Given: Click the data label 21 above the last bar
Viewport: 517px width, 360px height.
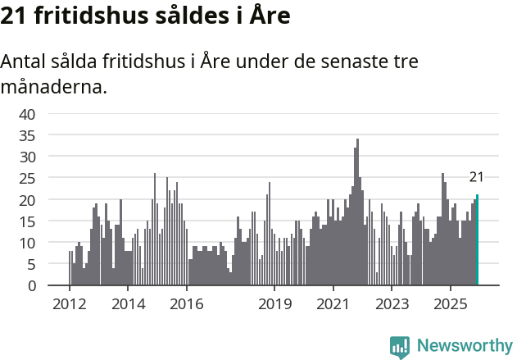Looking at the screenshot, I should pos(476,177).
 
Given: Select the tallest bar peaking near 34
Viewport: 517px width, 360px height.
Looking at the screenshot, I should pos(357,212).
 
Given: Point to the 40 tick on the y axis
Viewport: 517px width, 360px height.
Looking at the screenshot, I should pos(27,113).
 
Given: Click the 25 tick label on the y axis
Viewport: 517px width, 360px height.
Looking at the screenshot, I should pos(27,178).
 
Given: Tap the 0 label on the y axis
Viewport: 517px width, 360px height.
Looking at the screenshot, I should pos(31,286).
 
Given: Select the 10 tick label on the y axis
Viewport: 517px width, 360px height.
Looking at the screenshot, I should pos(27,243).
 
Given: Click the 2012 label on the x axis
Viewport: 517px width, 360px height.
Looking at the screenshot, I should pos(69,304).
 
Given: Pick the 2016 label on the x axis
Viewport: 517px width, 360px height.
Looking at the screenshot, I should pos(187,304).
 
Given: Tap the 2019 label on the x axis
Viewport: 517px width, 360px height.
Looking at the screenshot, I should pos(274,304).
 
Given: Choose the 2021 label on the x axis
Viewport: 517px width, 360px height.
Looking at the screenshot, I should pos(333,304).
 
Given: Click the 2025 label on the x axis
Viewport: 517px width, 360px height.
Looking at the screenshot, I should pos(450,304).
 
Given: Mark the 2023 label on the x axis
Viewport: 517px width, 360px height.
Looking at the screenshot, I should pos(392,304).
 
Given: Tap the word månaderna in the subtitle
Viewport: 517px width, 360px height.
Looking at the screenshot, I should pos(54,86).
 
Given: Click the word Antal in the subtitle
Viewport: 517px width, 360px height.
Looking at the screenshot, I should pos(25,62).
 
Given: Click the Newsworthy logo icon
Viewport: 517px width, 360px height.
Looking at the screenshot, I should pos(400,346).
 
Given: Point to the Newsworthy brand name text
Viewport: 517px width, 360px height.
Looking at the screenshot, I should pos(465,346).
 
